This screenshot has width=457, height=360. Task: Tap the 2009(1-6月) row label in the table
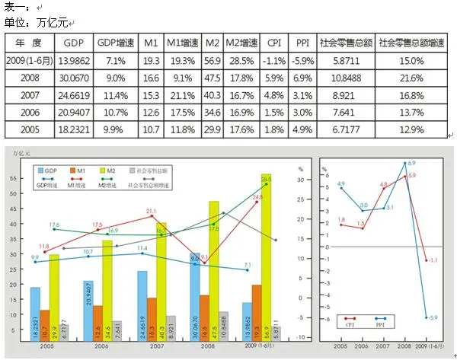pyautogui.click(x=30, y=60)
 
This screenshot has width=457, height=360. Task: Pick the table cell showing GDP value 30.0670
pyautogui.click(x=74, y=78)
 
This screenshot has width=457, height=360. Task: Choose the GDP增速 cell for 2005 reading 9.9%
pyautogui.click(x=116, y=130)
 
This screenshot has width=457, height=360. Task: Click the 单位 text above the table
pyautogui.click(x=15, y=22)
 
